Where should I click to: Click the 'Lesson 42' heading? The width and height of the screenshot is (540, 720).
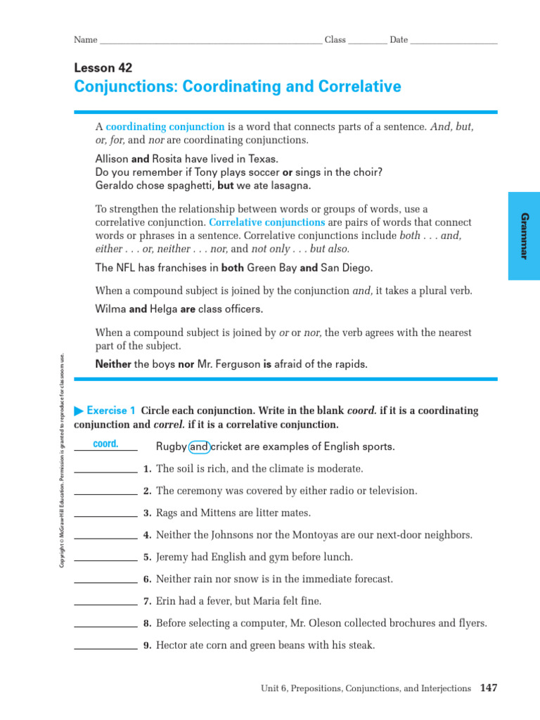pos(103,68)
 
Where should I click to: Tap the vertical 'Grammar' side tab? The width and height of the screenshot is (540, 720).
pos(523,235)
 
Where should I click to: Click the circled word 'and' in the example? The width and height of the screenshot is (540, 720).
pos(200,446)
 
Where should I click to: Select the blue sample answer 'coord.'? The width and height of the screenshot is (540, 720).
pos(105,444)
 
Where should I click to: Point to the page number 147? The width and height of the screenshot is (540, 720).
pos(489,688)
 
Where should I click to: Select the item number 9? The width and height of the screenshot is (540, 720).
pos(147,645)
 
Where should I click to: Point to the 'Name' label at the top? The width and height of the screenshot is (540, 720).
pos(85,40)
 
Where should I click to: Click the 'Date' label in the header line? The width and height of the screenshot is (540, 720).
pos(399,40)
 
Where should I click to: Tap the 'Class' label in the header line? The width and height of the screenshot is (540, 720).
pos(335,40)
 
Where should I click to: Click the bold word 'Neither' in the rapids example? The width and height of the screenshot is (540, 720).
pos(113,364)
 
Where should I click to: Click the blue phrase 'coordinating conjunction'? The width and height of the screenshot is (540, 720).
pos(165,127)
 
